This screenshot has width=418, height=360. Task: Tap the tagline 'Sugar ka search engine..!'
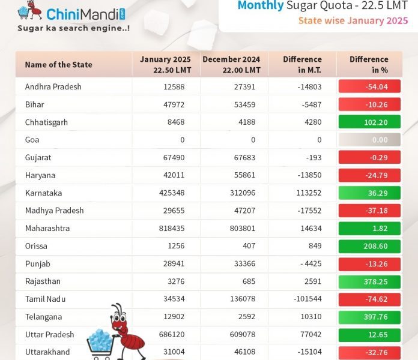[73, 28]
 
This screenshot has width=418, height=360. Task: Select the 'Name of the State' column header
[58, 64]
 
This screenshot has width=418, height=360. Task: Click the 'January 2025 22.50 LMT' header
[166, 64]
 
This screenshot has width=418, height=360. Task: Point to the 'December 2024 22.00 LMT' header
[231, 64]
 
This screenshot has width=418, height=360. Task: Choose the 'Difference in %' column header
[369, 64]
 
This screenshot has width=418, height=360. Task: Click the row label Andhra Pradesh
[53, 86]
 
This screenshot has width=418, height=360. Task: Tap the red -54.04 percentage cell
[368, 86]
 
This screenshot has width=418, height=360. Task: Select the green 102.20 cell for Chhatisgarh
[368, 122]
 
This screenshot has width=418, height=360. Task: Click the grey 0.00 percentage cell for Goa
[368, 140]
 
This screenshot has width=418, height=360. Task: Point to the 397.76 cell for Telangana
[368, 317]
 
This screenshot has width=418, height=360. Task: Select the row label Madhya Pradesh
[54, 211]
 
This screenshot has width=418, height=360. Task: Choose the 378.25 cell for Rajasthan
[368, 281]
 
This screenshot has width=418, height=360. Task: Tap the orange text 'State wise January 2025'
[353, 20]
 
